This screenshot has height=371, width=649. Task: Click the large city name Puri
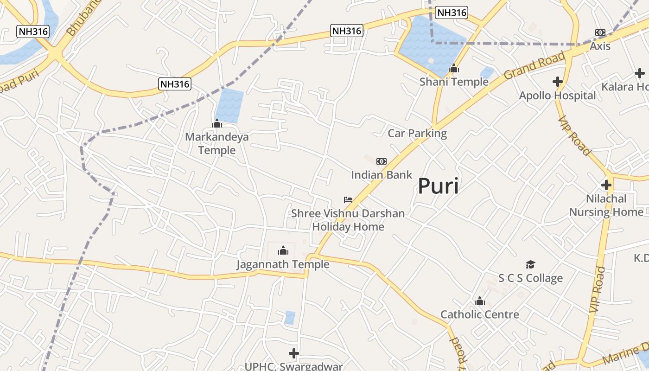pos(438,186)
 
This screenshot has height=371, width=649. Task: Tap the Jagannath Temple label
pos(283,264)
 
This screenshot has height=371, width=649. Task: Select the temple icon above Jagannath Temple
pos(283,251)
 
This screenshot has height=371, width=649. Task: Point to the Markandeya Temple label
pos(217,143)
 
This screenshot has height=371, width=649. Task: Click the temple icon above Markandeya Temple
pos(217,123)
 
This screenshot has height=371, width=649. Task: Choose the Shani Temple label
pos(454,82)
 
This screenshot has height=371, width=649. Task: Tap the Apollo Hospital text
pos(557,96)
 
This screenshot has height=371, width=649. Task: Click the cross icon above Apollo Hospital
pos(558,82)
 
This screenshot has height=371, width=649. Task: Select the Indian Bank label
pos(381,175)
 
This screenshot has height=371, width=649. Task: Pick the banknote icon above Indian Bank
pos(381,161)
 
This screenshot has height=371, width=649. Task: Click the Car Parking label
pos(417,134)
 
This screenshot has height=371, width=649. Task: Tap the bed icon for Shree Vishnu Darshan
pos(348,200)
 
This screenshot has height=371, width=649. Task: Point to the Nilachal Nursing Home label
pos(606,205)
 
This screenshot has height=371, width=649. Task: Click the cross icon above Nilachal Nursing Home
pos(606,185)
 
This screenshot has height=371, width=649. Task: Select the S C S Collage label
pos(530,278)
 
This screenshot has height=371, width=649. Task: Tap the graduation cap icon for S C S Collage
pos(530,264)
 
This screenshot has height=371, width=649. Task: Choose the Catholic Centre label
pos(480,314)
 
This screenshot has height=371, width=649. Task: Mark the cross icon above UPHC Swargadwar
pos(293,353)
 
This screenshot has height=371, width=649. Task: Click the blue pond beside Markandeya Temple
pos(229,105)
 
